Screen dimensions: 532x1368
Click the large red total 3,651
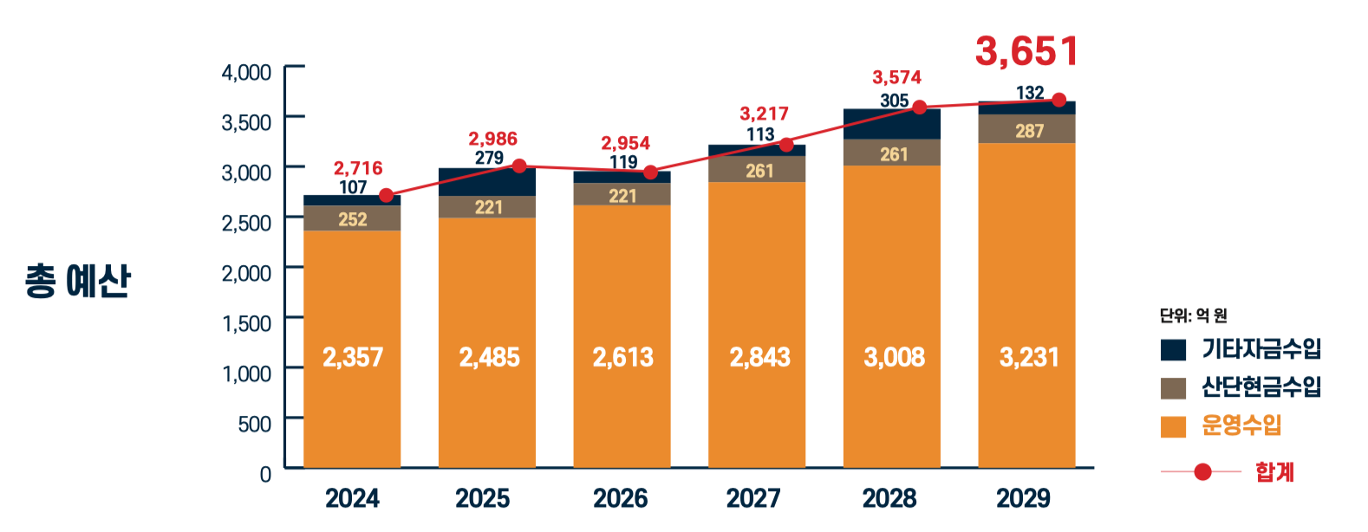(1026, 51)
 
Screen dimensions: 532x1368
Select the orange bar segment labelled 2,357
(352, 357)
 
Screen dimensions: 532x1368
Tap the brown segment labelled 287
(1028, 130)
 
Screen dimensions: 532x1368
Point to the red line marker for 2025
(519, 165)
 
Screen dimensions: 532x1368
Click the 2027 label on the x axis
(753, 498)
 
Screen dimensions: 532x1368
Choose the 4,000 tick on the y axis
(246, 72)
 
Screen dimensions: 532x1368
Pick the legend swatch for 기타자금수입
(1173, 349)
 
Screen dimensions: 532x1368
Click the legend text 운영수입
(1241, 425)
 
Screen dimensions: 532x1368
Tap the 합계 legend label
(1274, 472)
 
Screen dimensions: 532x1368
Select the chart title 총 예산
(78, 281)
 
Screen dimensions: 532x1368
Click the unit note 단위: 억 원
(1193, 315)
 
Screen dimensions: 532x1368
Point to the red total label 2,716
(358, 168)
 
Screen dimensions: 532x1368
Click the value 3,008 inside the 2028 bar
(894, 357)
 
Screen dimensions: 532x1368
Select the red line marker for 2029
(1059, 101)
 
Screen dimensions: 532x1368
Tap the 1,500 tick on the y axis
(246, 323)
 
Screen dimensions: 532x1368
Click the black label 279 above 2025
(489, 158)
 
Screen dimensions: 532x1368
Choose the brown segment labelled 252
(352, 218)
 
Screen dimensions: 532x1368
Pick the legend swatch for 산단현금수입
(1173, 388)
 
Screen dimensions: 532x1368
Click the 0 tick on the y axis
(265, 474)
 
